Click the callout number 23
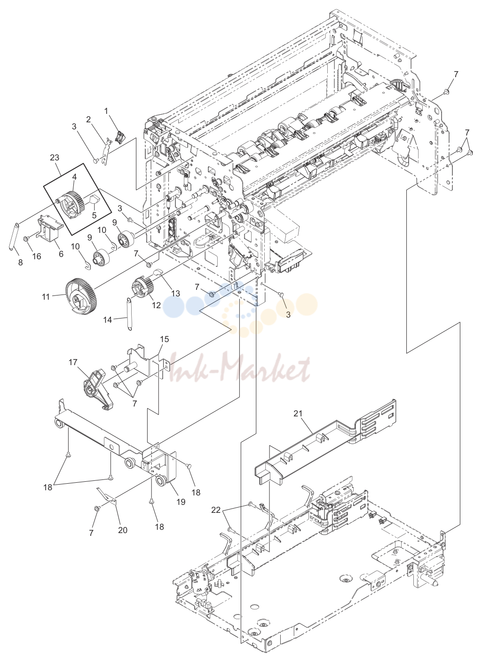tap(55, 158)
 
